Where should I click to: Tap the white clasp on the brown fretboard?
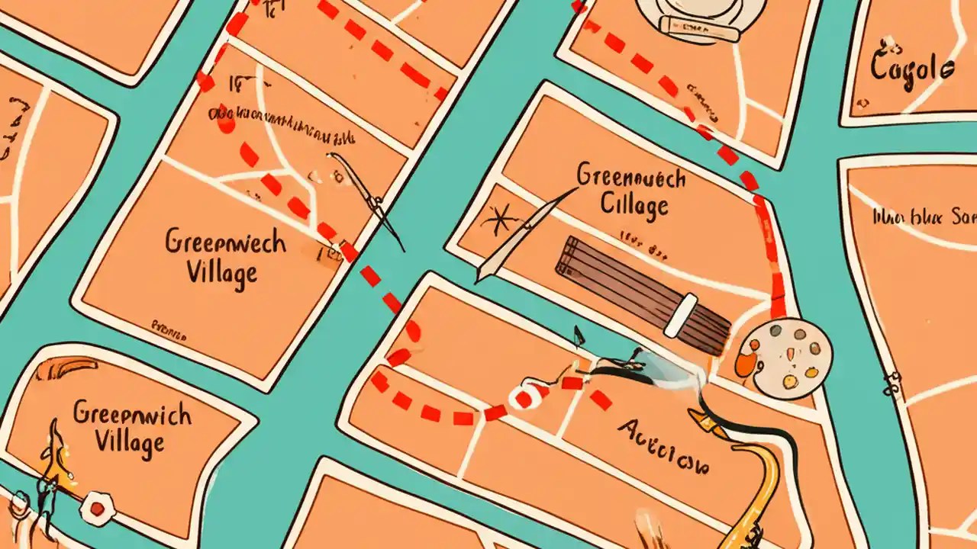[681, 315]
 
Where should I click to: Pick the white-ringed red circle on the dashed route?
[524, 397]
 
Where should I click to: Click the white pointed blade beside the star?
[519, 236]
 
